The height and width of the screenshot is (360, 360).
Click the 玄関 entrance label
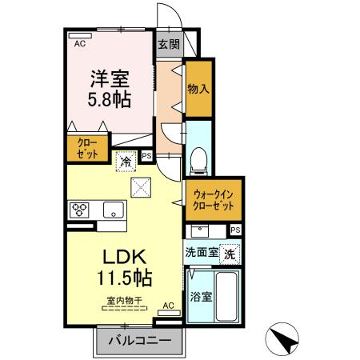click(x=168, y=45)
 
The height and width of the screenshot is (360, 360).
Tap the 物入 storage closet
click(x=198, y=89)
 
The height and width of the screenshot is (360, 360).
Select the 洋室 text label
click(x=110, y=81)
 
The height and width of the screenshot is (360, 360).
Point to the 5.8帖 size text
click(x=110, y=102)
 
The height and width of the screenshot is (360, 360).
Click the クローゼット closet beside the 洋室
click(x=83, y=150)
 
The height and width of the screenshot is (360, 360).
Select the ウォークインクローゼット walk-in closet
click(x=213, y=199)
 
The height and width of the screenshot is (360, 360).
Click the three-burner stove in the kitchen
click(x=82, y=210)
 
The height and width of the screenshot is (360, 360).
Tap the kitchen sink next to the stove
click(x=113, y=210)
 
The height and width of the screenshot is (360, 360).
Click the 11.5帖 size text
click(x=122, y=279)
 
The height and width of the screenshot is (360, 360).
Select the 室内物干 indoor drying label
click(x=123, y=302)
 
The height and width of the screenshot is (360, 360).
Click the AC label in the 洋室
click(x=79, y=44)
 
